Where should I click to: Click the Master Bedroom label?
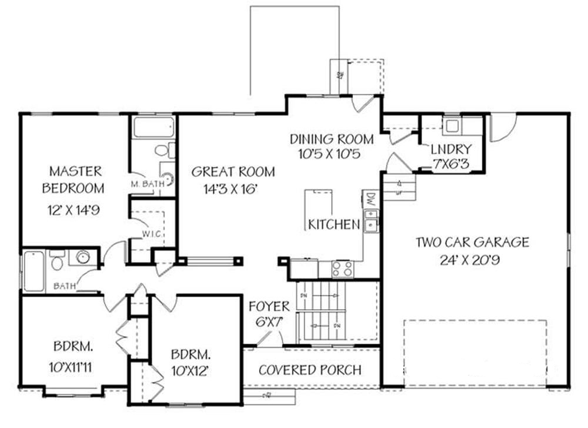point(75,180)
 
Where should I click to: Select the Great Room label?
point(233,172)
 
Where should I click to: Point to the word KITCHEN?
point(334,224)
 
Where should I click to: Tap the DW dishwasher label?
point(370,198)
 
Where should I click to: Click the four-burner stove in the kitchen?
point(342,269)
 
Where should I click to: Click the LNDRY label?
point(450,149)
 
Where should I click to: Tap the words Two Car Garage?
point(472,241)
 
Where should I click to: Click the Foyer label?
point(269,307)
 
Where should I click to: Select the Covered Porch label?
point(310,370)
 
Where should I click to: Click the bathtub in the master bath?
point(153,128)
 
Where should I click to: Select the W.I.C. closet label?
point(151,234)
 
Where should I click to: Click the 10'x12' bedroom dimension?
point(191,371)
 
